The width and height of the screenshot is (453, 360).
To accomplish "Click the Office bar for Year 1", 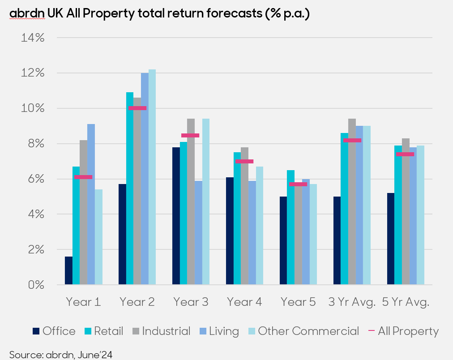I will [x=68, y=270].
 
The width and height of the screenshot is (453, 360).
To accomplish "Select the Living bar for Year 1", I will [x=91, y=204].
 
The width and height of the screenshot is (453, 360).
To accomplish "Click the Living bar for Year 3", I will [x=198, y=232].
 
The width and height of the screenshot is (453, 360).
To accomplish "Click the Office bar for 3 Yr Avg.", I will [x=337, y=240].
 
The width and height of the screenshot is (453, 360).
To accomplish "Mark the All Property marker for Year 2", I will [x=137, y=108].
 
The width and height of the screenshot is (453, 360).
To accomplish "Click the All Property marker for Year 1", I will [x=83, y=177].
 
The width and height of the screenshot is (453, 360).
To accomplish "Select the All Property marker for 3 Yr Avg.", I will [x=352, y=140].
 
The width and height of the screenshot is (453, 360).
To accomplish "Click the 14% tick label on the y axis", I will [x=33, y=38].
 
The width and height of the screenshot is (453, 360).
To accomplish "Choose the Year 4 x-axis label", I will [x=244, y=302].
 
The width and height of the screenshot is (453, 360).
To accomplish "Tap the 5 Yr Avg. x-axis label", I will [x=406, y=302].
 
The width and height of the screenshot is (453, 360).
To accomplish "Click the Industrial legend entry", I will [x=161, y=331].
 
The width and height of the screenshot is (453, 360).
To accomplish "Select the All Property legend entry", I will [x=403, y=331].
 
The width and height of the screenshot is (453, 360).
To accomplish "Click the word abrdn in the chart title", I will [x=27, y=14].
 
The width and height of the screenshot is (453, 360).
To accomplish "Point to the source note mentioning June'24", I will [x=61, y=355].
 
